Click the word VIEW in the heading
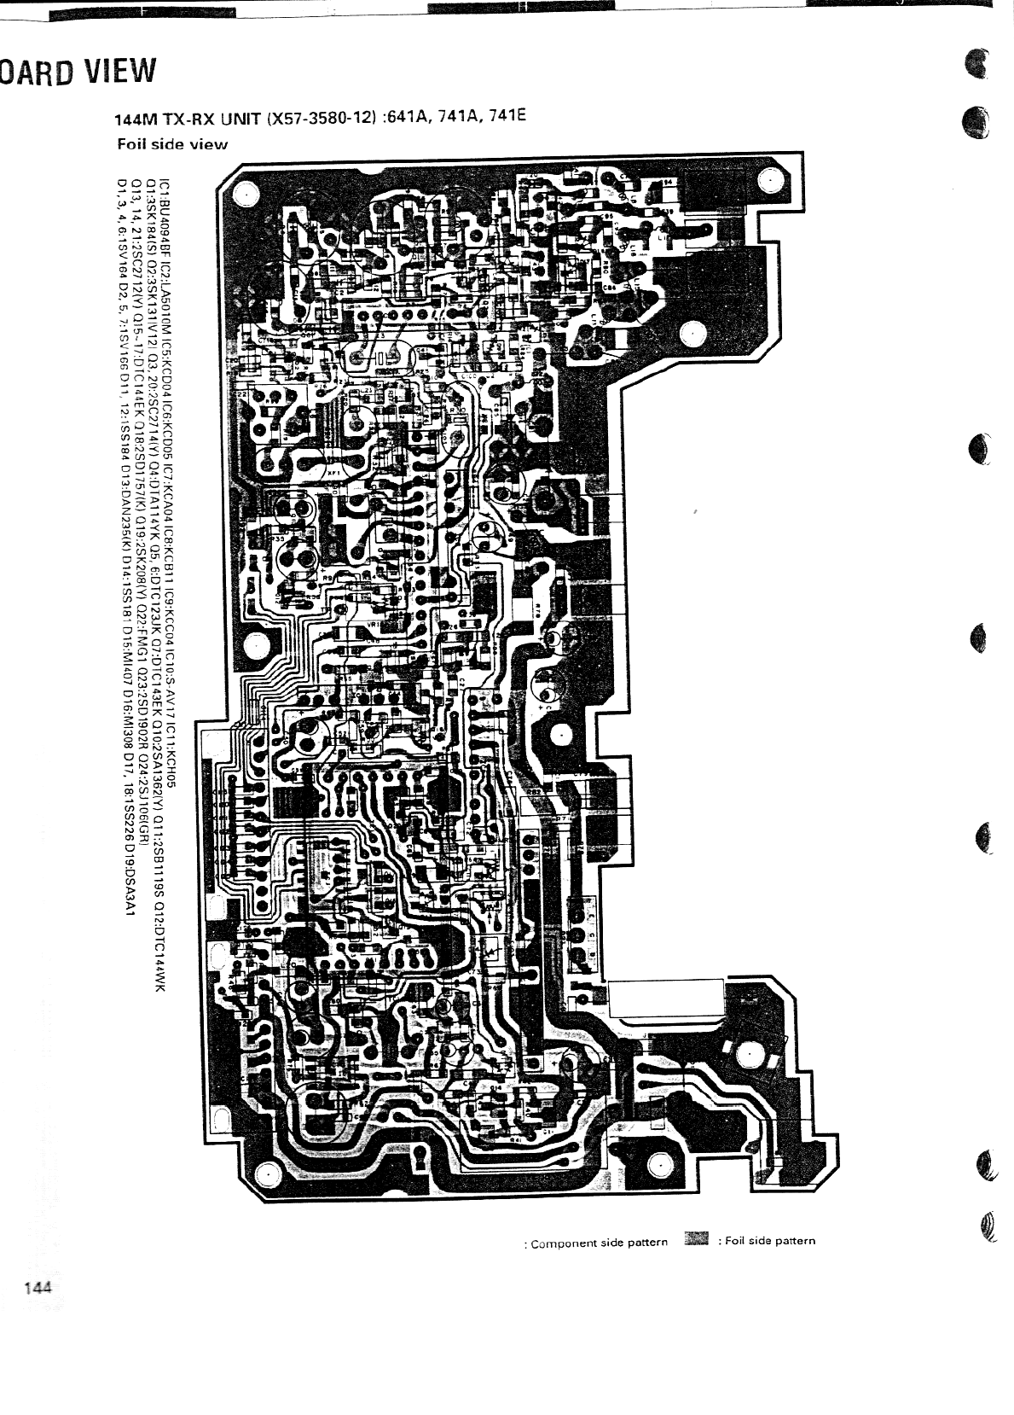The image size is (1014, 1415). point(120,72)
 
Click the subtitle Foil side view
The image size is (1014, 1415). point(172,143)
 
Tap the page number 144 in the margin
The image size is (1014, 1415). point(40,1288)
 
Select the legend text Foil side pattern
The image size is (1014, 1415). point(770,1241)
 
